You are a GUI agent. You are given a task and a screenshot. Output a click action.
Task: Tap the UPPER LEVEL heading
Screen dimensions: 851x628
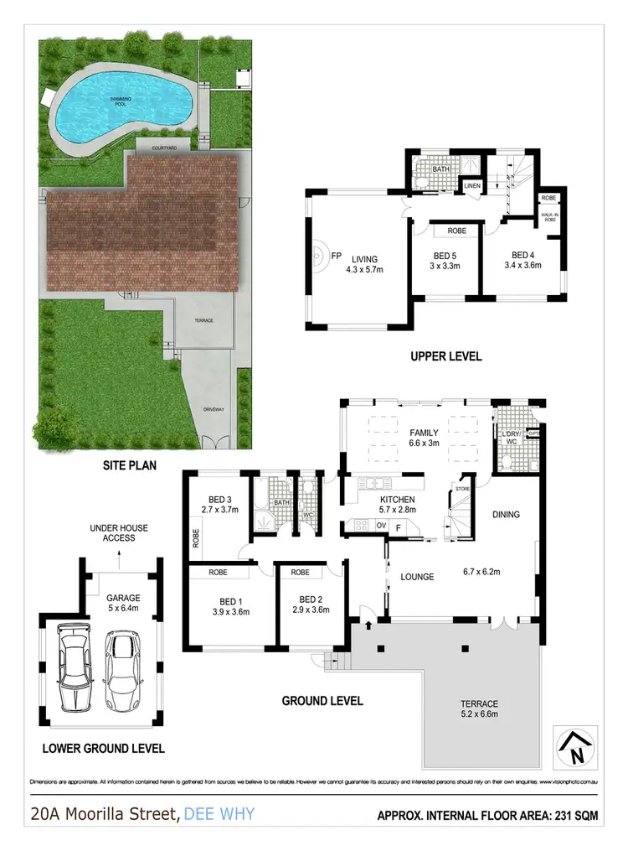tap(445, 356)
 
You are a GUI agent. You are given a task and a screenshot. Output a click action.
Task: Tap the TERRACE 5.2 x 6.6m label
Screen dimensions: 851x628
tap(480, 709)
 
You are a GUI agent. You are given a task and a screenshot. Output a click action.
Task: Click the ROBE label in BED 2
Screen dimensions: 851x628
tap(300, 573)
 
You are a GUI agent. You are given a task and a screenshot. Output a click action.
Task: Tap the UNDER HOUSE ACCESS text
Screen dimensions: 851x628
tap(118, 532)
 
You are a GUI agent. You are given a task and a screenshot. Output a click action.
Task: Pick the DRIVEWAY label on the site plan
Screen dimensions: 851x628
tap(214, 410)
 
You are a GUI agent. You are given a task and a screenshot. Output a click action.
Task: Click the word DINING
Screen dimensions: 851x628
tap(506, 515)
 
